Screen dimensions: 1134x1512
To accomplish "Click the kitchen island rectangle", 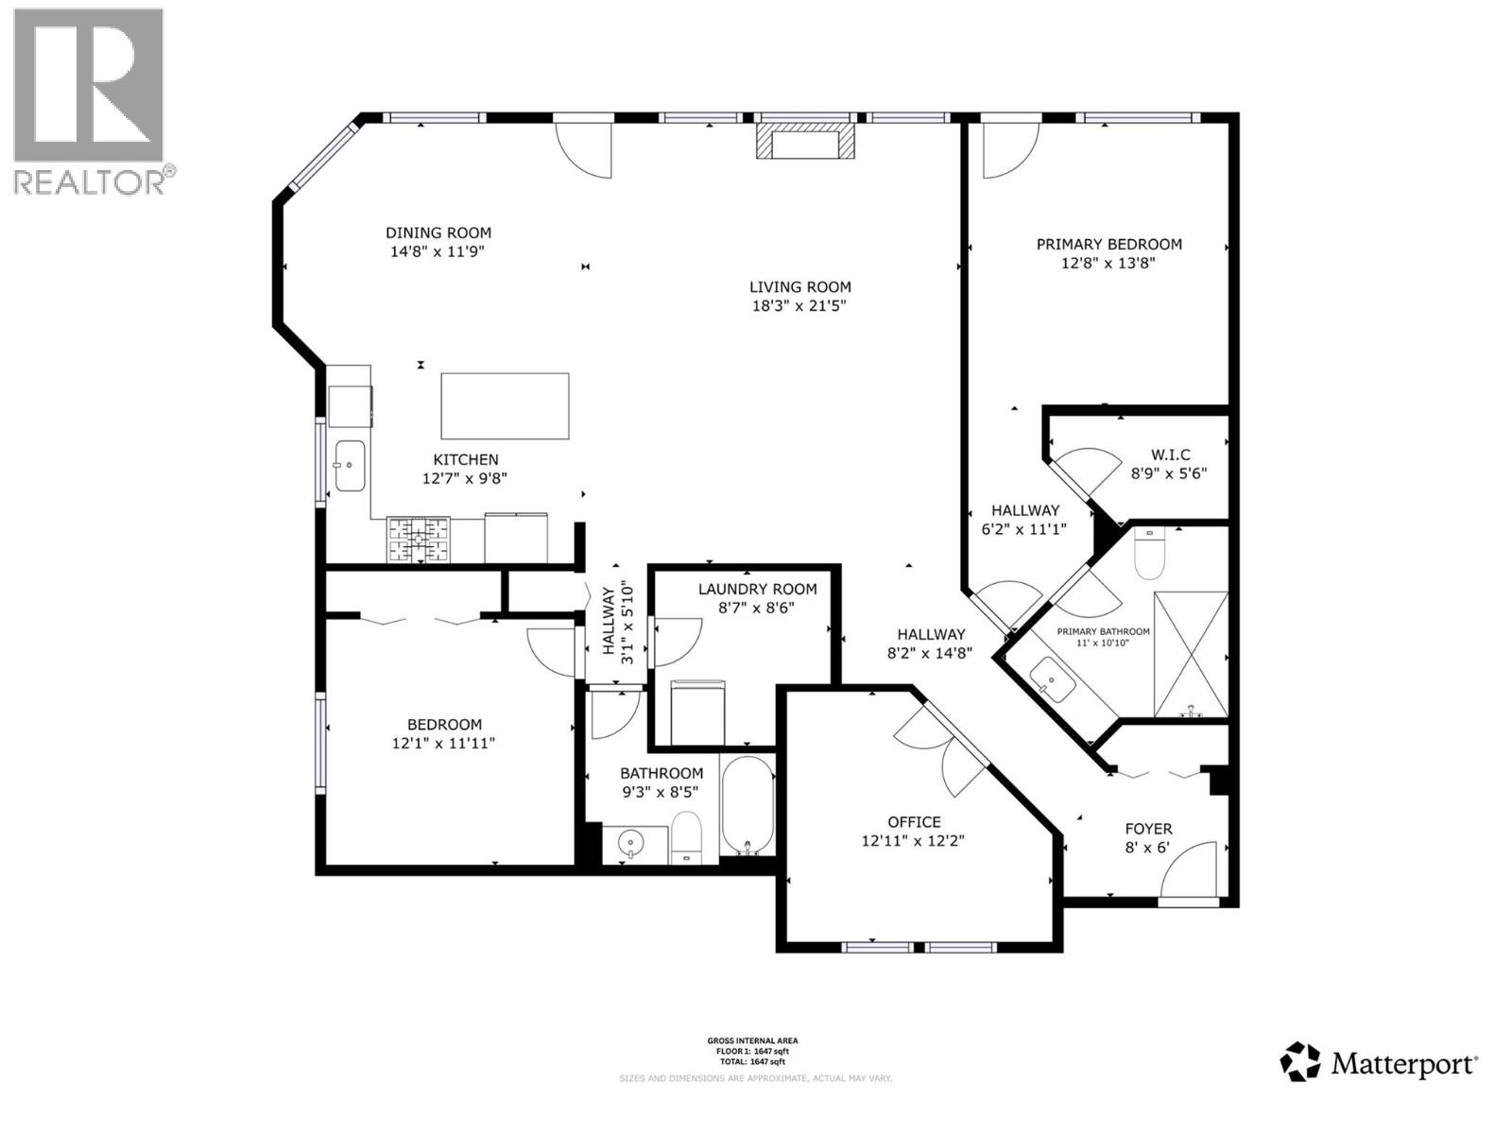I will (506, 406).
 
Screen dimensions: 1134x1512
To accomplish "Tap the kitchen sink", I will (350, 466).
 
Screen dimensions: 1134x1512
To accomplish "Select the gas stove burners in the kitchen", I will (419, 541).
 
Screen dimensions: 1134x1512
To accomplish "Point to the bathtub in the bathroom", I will (747, 806).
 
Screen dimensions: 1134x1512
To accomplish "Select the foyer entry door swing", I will (1190, 869).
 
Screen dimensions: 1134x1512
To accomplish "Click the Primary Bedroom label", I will (1108, 244).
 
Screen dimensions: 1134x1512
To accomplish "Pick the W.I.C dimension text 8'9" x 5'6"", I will (1169, 474).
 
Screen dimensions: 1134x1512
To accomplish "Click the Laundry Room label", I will (757, 589).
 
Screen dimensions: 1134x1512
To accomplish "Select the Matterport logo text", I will (1402, 1065).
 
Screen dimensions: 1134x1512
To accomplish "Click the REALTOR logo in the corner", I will (89, 99).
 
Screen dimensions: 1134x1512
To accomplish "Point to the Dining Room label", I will (438, 232).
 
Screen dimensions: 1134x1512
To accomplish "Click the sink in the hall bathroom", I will (629, 841).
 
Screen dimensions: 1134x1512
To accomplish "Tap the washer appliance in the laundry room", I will (697, 712).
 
